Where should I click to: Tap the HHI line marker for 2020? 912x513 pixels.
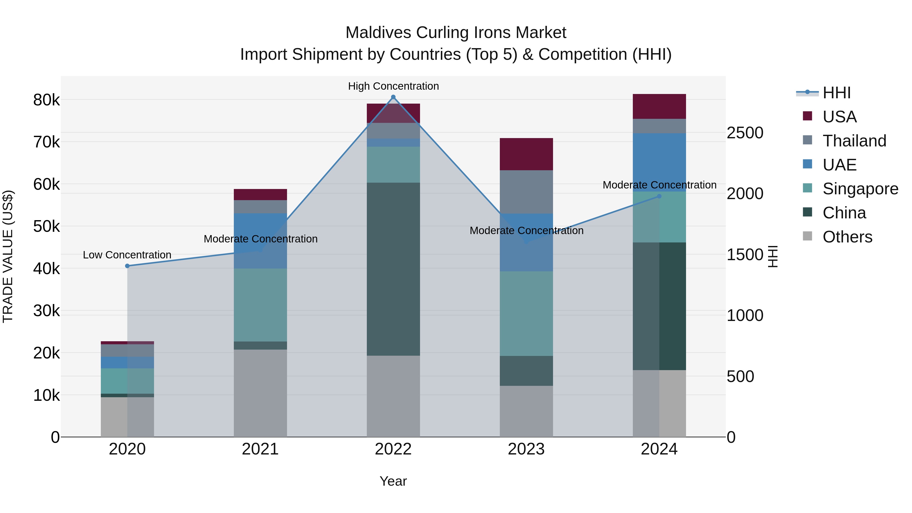(127, 266)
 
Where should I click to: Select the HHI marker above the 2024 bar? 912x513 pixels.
(659, 196)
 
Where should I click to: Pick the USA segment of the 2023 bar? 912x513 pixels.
(526, 154)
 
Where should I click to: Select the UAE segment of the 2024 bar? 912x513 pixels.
(659, 162)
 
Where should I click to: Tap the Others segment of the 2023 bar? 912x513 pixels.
(526, 411)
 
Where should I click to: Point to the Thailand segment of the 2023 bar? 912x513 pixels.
(526, 192)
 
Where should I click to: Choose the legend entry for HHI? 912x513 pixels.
(836, 93)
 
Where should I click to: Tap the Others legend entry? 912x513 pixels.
(847, 237)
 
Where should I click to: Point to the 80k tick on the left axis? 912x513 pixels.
(46, 100)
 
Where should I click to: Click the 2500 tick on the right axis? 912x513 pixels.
(745, 133)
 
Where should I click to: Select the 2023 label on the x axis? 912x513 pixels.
(526, 449)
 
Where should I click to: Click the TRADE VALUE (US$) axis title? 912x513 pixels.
(8, 256)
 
